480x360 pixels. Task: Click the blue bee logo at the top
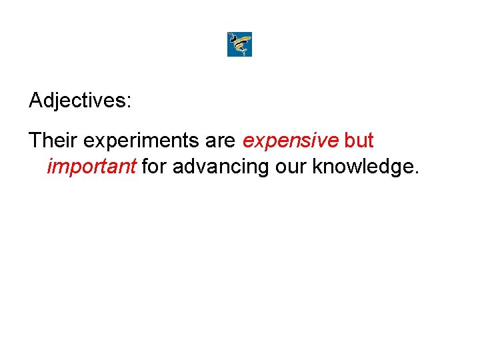coord(239,45)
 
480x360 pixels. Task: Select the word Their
coord(54,141)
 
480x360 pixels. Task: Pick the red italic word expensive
coord(291,141)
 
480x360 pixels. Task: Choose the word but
coord(359,141)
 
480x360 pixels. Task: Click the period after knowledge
coord(417,173)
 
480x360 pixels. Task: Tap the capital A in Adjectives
coord(36,101)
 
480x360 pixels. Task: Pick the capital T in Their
coord(35,141)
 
